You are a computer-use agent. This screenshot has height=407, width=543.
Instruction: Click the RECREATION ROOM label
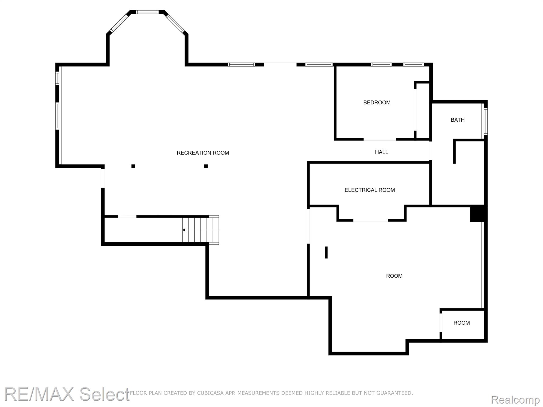(x=203, y=153)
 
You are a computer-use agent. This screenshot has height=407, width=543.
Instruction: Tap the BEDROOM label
(x=377, y=103)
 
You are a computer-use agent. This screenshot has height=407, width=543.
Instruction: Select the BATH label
(x=458, y=120)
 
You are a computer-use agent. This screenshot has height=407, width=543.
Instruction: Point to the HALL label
(x=382, y=152)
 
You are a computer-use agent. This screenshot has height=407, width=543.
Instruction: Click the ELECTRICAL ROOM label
(x=370, y=190)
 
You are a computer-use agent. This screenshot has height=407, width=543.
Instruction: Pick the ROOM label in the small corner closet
(x=462, y=323)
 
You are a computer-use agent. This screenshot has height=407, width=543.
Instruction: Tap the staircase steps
(x=200, y=230)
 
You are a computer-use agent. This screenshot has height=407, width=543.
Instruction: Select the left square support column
(x=133, y=166)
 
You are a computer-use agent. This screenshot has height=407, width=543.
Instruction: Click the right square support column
(x=206, y=166)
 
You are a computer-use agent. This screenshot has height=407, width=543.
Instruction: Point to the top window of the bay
(x=147, y=12)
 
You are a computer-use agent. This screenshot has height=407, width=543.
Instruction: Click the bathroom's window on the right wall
(x=485, y=121)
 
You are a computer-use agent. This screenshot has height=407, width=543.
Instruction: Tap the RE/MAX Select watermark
(x=67, y=394)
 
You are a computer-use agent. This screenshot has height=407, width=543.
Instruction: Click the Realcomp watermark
(x=515, y=400)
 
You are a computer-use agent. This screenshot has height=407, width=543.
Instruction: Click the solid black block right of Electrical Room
(x=478, y=214)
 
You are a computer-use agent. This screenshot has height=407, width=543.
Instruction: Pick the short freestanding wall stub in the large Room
(x=326, y=252)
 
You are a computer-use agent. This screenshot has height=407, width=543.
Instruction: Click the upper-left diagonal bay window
(x=119, y=23)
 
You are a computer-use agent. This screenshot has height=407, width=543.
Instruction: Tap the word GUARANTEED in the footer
(x=396, y=393)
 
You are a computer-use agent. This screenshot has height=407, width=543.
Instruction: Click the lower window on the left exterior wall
(x=57, y=116)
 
